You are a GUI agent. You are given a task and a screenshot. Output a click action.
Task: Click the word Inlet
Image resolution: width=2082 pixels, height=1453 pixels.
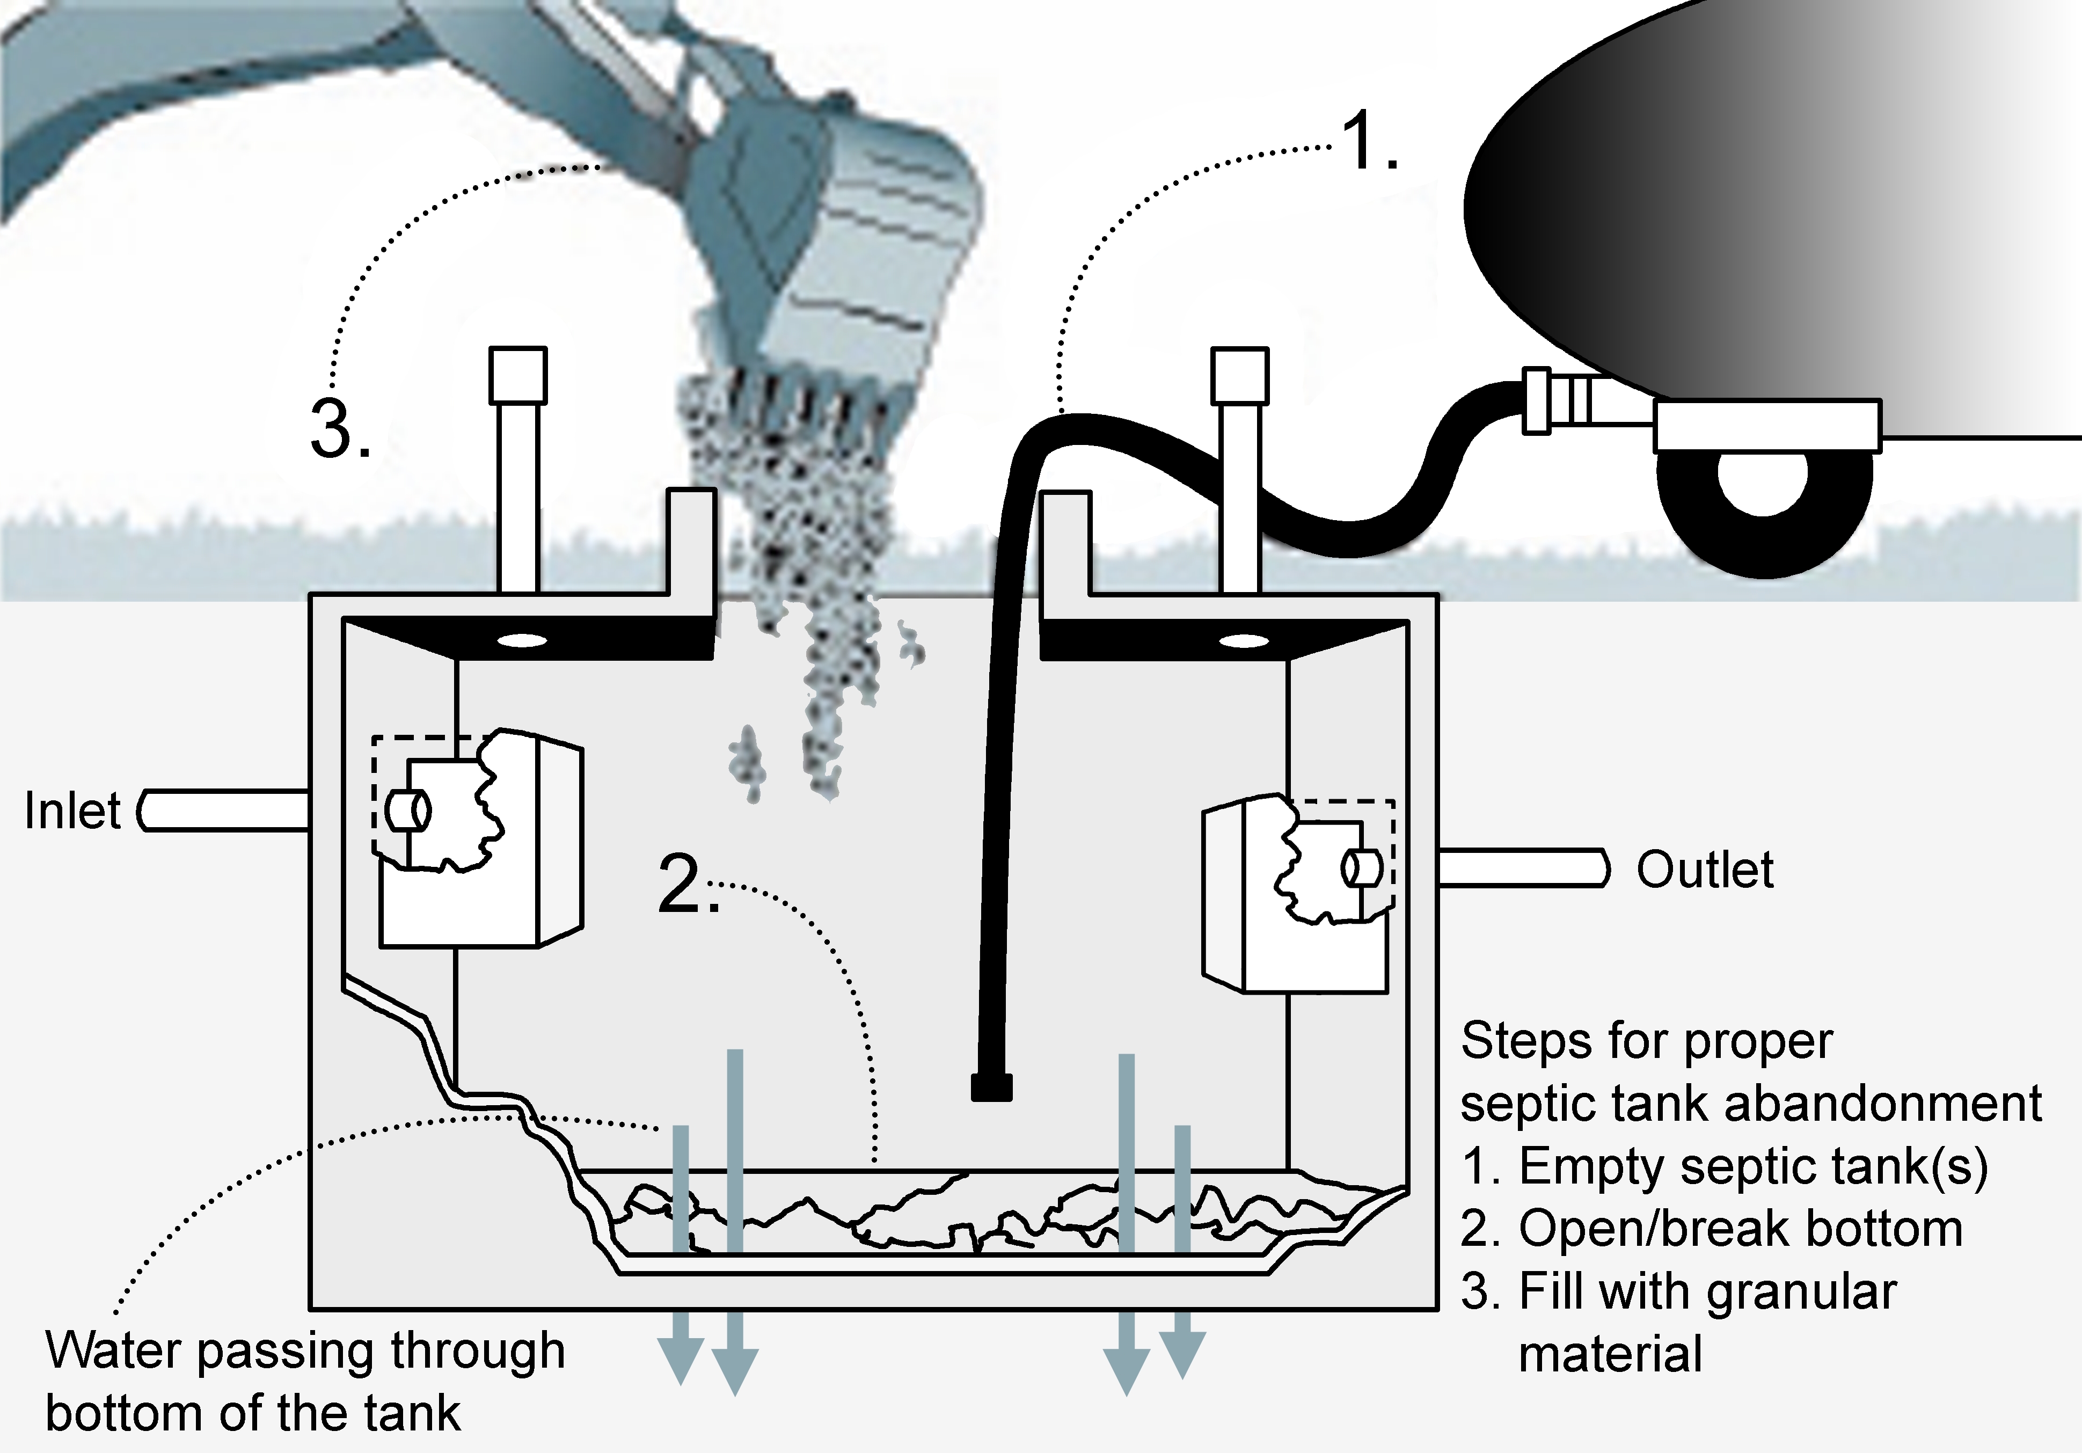(x=72, y=811)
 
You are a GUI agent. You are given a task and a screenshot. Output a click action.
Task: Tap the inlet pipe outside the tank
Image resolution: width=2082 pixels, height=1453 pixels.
(x=227, y=810)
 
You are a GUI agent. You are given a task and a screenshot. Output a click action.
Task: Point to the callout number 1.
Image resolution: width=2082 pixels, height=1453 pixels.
(x=1368, y=142)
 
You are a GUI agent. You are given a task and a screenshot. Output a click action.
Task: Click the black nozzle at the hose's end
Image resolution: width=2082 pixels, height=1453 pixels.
(x=991, y=1086)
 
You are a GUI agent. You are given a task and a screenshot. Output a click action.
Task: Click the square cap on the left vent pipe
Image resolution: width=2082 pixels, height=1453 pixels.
(x=518, y=375)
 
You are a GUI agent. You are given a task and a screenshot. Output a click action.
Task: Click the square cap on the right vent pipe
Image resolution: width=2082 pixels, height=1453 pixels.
(x=1239, y=375)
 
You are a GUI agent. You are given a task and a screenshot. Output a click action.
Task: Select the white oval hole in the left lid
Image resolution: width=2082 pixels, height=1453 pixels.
(x=522, y=641)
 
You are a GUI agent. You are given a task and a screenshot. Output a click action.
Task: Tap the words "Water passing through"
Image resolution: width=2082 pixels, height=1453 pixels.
(x=305, y=1350)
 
